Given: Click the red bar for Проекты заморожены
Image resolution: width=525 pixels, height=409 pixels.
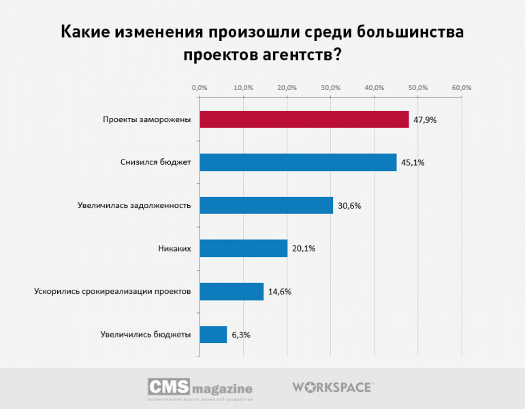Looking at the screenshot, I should tap(304, 120).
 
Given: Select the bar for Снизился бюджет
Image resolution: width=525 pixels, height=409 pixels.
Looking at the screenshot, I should tap(298, 163).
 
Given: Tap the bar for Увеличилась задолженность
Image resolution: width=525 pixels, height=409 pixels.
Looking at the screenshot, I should tap(266, 205).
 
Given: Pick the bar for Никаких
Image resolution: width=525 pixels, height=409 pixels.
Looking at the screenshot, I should tap(243, 248).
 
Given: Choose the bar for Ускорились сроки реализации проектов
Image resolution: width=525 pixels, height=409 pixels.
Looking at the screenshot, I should tap(232, 291).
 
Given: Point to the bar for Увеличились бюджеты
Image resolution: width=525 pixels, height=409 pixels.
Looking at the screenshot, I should tap(213, 334).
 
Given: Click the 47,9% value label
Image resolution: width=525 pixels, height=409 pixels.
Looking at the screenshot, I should tap(425, 120).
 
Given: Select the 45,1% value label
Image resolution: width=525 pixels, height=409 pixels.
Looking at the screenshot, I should tap(413, 163).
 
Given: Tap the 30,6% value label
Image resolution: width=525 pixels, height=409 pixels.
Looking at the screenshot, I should tap(349, 205).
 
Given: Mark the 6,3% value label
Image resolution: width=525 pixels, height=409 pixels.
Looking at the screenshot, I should tap(241, 334).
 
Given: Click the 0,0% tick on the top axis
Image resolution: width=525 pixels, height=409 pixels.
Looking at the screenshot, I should tap(200, 88).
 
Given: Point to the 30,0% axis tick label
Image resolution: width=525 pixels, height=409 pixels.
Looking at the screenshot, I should tap(330, 88).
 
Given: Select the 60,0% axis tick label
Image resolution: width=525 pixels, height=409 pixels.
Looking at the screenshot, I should tap(462, 88).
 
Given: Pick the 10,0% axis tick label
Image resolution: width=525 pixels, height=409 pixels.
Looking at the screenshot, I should tap(243, 88).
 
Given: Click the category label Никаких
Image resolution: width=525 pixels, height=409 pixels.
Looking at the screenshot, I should tap(174, 248).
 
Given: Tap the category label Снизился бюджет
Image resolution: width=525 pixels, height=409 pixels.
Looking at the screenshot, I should tap(155, 163).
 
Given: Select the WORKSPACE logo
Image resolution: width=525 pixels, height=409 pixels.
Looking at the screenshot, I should tap(332, 387).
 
